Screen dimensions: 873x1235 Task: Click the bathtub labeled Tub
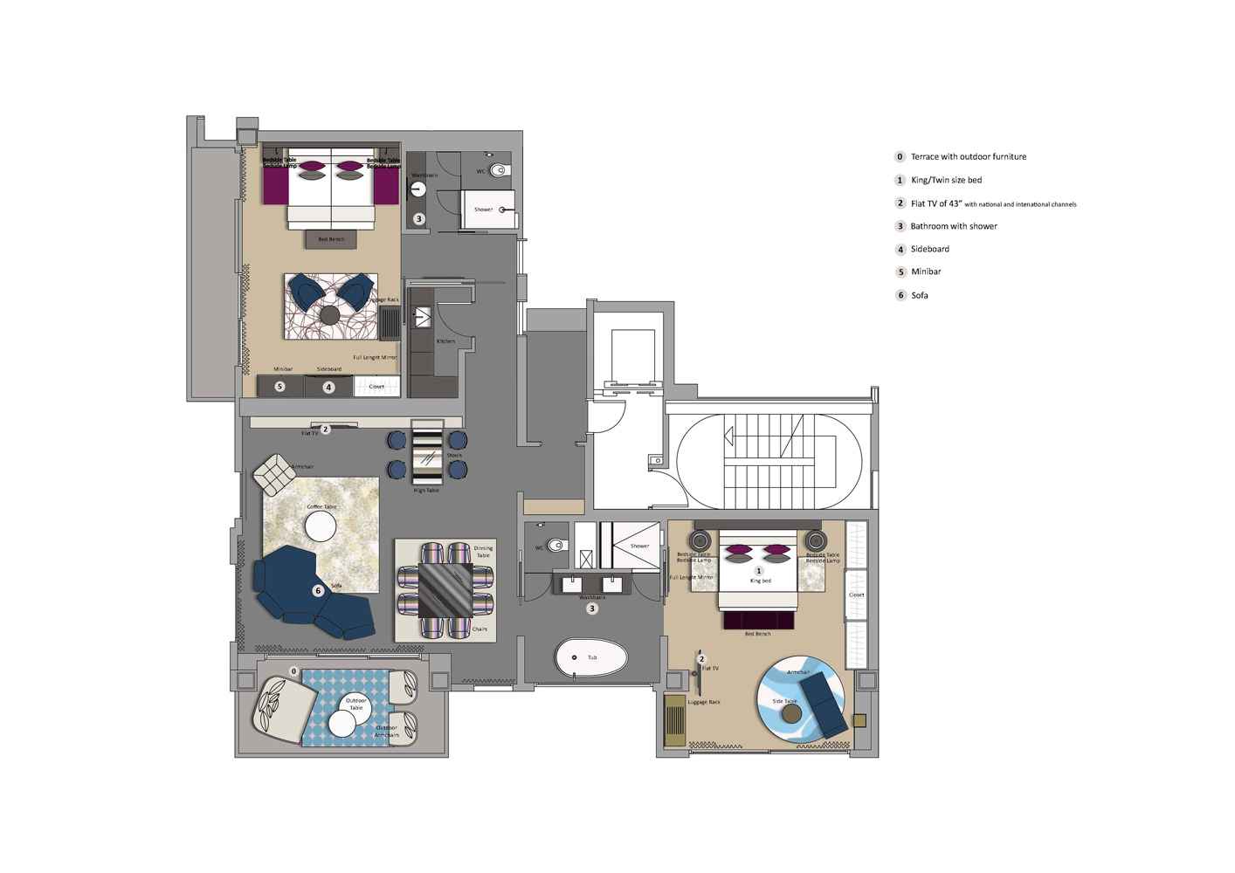click(591, 657)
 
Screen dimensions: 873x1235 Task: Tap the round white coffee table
click(321, 526)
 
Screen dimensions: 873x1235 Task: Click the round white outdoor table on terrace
click(341, 722)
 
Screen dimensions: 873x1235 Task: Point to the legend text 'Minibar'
click(926, 272)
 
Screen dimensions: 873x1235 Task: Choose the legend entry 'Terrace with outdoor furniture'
click(968, 157)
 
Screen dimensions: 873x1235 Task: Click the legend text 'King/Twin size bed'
click(946, 181)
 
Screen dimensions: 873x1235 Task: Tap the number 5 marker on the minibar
click(279, 386)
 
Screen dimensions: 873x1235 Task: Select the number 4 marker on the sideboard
click(328, 387)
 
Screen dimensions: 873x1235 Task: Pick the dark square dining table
click(445, 590)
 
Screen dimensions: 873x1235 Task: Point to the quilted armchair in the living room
click(274, 475)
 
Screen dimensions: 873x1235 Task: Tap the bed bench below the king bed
click(757, 620)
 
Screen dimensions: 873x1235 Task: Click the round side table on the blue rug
click(792, 713)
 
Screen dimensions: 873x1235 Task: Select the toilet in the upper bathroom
click(498, 170)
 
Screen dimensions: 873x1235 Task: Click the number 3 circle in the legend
click(900, 226)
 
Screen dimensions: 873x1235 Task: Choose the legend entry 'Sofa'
click(919, 295)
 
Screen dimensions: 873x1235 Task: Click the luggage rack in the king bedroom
click(675, 719)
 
